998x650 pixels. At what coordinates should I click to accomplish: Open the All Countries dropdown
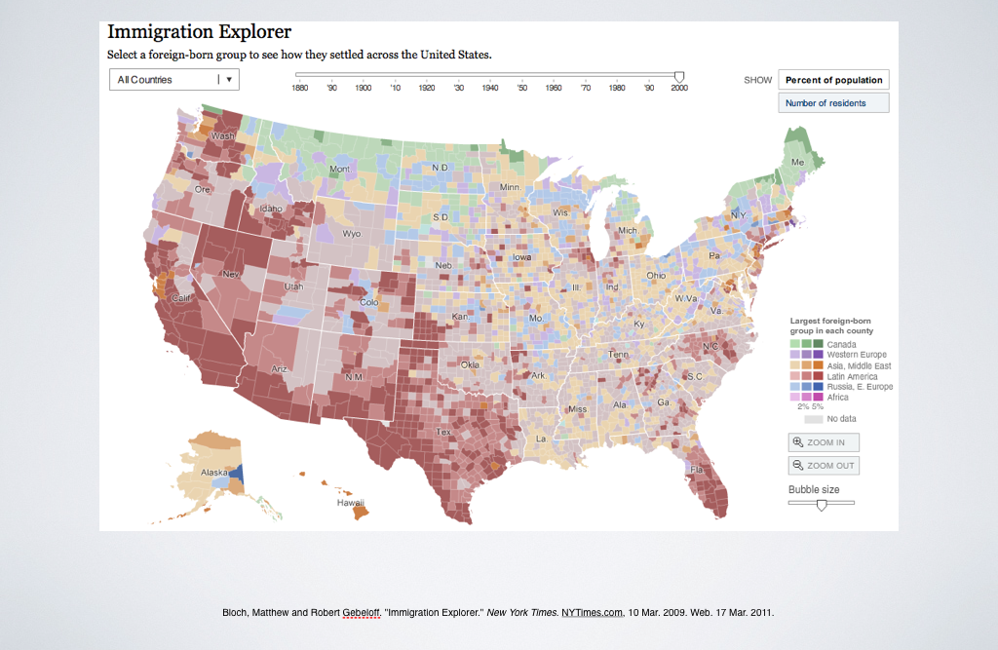point(173,80)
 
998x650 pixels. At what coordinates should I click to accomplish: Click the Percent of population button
point(833,80)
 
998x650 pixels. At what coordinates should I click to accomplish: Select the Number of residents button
point(833,102)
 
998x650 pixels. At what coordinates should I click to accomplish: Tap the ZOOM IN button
point(824,442)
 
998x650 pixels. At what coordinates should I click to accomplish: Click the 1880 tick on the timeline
point(300,87)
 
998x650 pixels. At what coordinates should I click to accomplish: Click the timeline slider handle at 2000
point(679,76)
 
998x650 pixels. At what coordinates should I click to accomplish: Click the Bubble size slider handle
point(822,505)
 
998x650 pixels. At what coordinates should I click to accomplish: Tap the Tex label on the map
point(443,432)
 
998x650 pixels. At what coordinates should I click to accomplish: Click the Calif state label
point(181,297)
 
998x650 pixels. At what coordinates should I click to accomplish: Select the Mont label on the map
point(339,169)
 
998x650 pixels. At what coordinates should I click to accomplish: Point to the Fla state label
point(697,469)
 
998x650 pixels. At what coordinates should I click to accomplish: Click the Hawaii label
point(350,503)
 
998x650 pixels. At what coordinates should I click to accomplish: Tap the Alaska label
point(213,472)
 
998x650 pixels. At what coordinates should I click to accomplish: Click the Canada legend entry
point(840,344)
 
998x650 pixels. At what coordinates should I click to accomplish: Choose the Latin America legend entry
point(853,376)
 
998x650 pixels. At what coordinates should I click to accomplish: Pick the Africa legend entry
point(837,398)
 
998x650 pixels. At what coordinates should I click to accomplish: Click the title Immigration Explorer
point(199,32)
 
